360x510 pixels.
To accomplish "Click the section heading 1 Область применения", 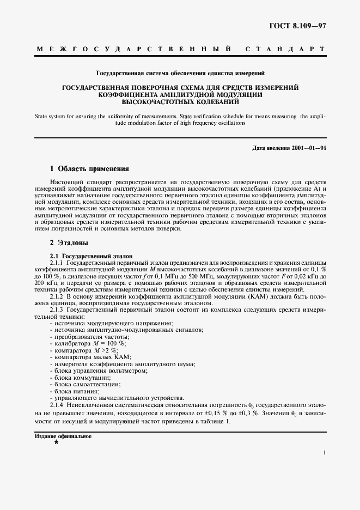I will pos(89,169).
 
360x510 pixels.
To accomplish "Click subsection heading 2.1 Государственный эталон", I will pos(90,255).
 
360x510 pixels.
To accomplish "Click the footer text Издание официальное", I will pos(63,436).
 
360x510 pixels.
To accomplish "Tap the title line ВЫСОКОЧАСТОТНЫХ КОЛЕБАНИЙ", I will pos(180,101).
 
